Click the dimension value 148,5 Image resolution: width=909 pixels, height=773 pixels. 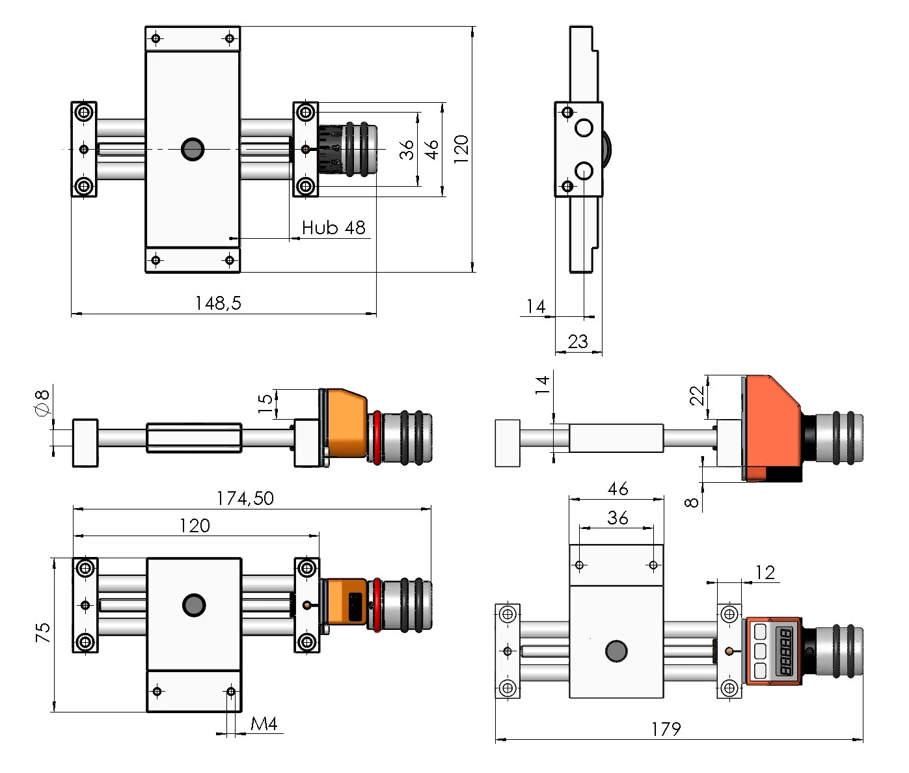click(x=218, y=303)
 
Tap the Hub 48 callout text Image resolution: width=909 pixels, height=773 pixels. click(x=333, y=228)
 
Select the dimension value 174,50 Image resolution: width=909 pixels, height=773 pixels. click(x=245, y=498)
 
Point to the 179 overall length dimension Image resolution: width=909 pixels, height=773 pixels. click(x=666, y=729)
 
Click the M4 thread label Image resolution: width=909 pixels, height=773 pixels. click(x=264, y=724)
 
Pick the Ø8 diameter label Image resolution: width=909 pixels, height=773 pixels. click(x=42, y=402)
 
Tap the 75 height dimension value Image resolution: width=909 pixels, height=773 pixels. click(x=43, y=632)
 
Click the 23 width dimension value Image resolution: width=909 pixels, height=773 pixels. click(x=578, y=342)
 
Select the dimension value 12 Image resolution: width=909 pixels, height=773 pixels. click(x=765, y=573)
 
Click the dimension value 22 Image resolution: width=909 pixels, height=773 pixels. click(x=697, y=395)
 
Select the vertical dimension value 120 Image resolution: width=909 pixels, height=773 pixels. click(x=461, y=149)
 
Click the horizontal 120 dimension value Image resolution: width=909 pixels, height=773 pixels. click(x=195, y=526)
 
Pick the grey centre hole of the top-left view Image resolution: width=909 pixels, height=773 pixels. click(x=193, y=149)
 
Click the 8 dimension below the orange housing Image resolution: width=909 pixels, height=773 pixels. click(x=692, y=502)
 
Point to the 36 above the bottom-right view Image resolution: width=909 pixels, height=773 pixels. click(x=617, y=518)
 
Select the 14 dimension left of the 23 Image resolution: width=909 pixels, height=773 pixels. click(x=536, y=306)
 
